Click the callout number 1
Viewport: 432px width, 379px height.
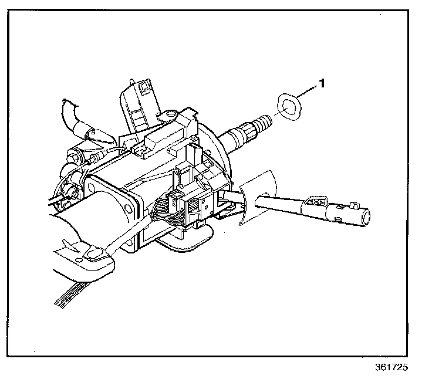pos(321,84)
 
